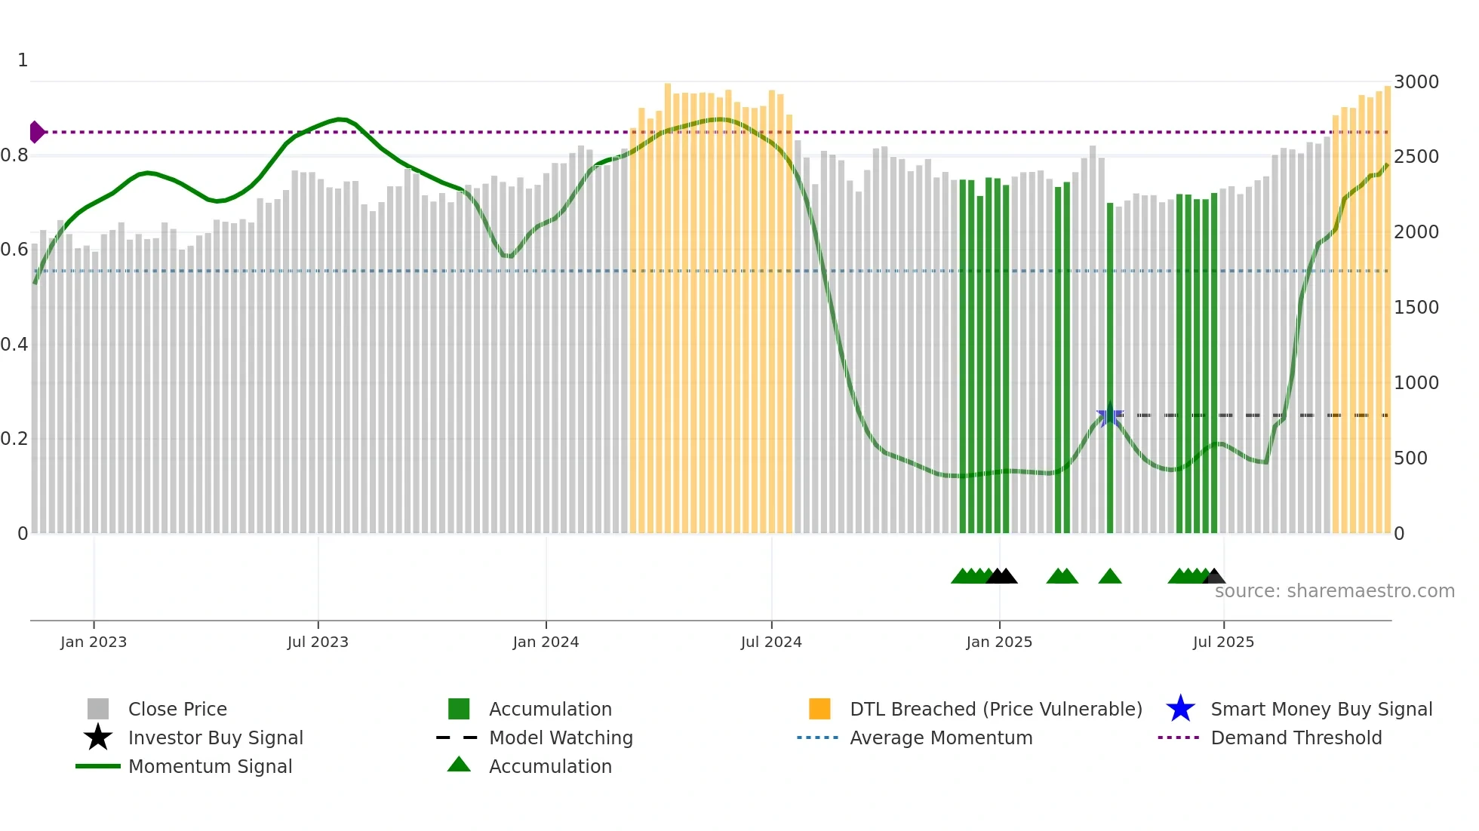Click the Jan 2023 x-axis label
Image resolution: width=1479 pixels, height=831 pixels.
coord(94,642)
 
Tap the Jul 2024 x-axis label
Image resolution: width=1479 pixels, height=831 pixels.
coord(771,642)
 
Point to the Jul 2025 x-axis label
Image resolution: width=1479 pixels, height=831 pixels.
coord(1223,642)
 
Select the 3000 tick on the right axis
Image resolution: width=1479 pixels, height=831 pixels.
coord(1416,81)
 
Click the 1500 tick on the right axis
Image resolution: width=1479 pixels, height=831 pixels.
coord(1416,307)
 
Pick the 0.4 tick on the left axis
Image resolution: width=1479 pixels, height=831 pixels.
coord(14,345)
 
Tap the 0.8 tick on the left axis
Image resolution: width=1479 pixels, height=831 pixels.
coord(14,155)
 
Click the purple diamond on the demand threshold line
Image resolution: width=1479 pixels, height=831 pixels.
coord(36,132)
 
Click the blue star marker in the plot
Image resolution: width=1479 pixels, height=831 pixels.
coord(1109,415)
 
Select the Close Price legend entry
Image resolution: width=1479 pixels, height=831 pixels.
coord(177,709)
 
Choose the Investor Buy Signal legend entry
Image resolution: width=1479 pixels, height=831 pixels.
coord(215,737)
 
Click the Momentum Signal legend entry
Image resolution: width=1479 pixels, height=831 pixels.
coord(210,766)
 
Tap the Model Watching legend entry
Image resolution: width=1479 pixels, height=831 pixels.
coord(561,737)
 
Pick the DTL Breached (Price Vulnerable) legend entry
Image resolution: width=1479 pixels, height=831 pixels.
coord(995,709)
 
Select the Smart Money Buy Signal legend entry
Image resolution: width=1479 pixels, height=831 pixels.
coord(1321,709)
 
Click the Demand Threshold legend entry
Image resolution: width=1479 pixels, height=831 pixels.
coord(1296,737)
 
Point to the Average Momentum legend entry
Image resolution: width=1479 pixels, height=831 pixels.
coord(940,737)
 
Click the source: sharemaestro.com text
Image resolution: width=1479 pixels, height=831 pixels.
coord(1334,591)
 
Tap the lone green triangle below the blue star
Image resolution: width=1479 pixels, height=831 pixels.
coord(1109,577)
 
